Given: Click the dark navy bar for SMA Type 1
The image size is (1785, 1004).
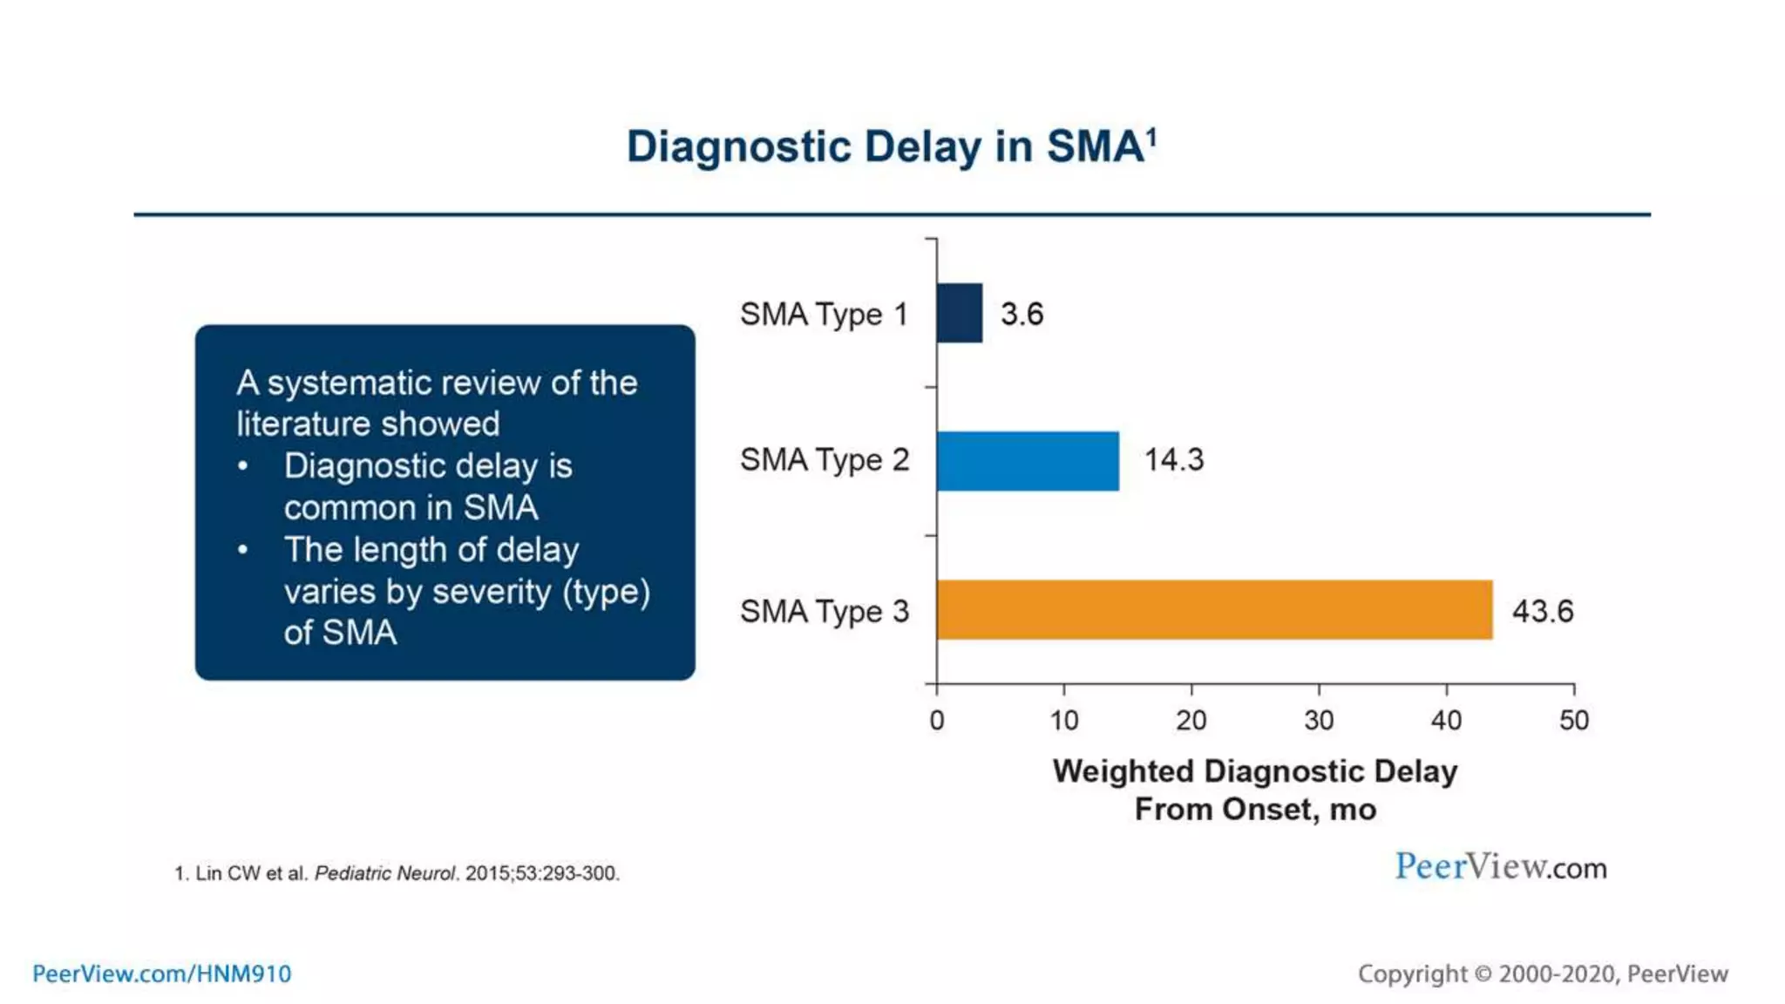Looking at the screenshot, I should point(960,313).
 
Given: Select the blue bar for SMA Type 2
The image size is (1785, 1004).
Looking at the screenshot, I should point(1028,461).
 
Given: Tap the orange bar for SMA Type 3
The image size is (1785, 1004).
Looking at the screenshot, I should point(1214,609).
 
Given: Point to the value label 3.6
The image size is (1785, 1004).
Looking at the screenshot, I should point(1021,314).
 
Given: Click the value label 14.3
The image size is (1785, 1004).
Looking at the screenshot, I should point(1173,460).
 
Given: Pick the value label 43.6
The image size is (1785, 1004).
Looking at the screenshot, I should point(1542,611).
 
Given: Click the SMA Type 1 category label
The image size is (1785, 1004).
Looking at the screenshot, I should point(824,314).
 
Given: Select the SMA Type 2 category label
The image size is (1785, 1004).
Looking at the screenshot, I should point(824,460).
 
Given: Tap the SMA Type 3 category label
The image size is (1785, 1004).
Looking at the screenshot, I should point(824,612).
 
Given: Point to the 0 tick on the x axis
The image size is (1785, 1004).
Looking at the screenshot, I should point(937,720).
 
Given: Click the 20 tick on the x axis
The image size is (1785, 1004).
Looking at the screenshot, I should point(1191,720).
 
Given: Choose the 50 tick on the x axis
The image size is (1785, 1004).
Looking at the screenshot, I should point(1574,720).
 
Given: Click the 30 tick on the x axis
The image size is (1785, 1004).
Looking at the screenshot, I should point(1319,720).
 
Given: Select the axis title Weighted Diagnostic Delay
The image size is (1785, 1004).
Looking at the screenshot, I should point(1254,772).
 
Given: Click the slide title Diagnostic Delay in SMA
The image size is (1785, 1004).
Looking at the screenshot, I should point(891,146).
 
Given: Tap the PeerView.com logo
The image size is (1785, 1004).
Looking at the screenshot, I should point(1500,867).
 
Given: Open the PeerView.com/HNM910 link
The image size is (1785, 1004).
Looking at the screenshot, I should point(162,973).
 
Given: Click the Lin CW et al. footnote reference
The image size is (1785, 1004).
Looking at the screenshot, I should point(397,873).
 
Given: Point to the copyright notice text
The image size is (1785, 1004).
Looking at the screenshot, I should point(1542,973).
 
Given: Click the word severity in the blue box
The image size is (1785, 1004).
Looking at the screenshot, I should point(492,592).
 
